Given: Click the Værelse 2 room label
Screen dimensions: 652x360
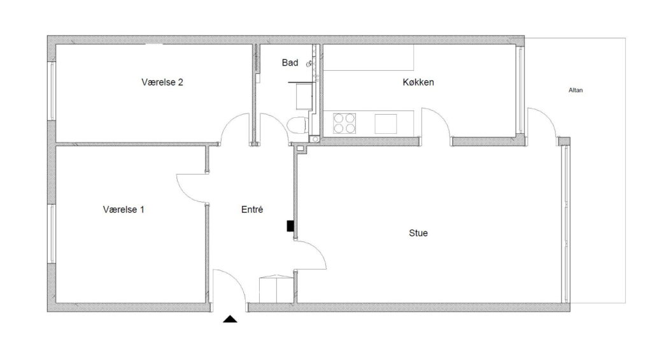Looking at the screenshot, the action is pyautogui.click(x=162, y=82).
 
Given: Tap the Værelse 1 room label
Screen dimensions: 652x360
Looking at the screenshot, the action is pyautogui.click(x=124, y=210).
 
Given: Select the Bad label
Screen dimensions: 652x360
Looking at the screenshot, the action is pyautogui.click(x=290, y=63).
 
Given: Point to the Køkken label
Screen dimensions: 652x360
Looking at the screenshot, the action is pyautogui.click(x=418, y=82).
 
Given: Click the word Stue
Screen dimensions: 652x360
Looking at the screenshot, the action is pyautogui.click(x=418, y=233).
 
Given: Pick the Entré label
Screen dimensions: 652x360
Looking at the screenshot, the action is pyautogui.click(x=252, y=210).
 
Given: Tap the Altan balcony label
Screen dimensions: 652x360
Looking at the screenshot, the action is pyautogui.click(x=576, y=90).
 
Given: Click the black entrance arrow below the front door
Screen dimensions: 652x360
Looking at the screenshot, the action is pyautogui.click(x=230, y=319).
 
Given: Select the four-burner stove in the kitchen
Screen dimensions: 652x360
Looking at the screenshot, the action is pyautogui.click(x=344, y=123).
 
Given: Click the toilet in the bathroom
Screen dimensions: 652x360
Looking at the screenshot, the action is pyautogui.click(x=298, y=125).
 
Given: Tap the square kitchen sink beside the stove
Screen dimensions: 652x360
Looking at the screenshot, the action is pyautogui.click(x=385, y=124).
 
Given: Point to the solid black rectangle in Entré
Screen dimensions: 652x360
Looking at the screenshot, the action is pyautogui.click(x=290, y=226).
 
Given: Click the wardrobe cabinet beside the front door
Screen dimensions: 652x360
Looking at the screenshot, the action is pyautogui.click(x=276, y=289).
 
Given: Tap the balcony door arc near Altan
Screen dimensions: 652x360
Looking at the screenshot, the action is pyautogui.click(x=548, y=116).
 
